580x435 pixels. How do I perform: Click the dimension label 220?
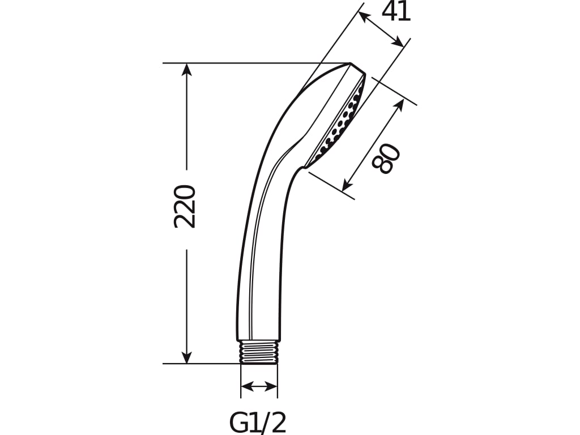tap(185, 206)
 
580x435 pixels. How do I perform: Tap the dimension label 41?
tap(396, 11)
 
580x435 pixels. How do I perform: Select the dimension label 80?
tap(387, 159)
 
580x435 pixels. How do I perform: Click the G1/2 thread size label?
tap(258, 422)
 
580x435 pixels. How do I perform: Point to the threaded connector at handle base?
tap(259, 352)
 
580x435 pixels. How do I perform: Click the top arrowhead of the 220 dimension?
tap(186, 69)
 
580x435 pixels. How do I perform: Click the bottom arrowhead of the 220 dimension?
tap(186, 357)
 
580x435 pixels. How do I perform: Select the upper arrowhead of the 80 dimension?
tap(399, 105)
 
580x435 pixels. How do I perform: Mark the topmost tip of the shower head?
tap(351, 63)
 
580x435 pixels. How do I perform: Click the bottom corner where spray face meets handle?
tap(305, 167)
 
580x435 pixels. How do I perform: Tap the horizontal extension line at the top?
tap(255, 63)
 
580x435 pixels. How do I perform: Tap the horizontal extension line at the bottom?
tap(204, 364)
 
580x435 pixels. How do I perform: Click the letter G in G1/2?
tap(238, 422)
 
